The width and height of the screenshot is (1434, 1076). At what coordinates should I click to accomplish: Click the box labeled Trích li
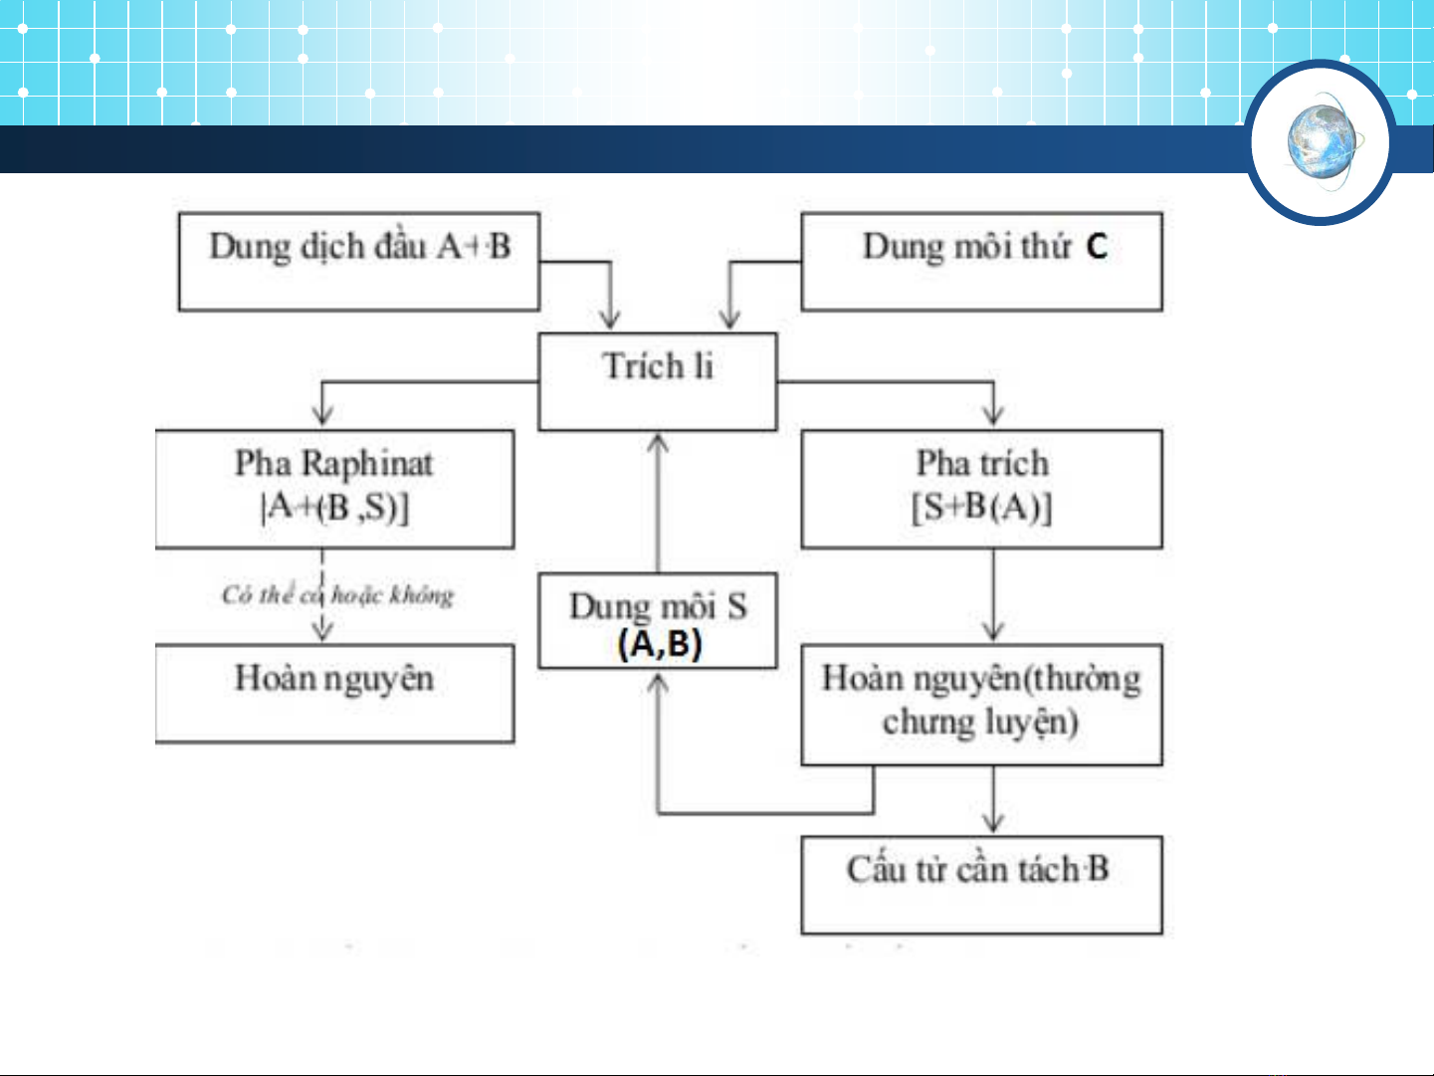coord(657,381)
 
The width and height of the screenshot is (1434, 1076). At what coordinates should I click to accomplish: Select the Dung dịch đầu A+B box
coord(359,261)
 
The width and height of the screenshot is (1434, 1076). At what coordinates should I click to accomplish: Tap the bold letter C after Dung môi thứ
coord(1097,246)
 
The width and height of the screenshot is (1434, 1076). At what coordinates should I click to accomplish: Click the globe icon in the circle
coord(1322,141)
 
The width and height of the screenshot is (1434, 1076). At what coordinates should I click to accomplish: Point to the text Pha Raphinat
coord(333,463)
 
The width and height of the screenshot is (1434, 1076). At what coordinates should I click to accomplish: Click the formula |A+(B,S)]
coord(334,508)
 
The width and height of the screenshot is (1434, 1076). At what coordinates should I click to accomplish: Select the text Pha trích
coord(982,463)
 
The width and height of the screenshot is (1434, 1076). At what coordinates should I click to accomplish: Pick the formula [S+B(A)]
coord(982,508)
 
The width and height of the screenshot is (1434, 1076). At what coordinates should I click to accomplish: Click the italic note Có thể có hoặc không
coord(337,595)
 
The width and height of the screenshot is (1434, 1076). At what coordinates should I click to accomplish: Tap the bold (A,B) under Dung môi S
coord(659,644)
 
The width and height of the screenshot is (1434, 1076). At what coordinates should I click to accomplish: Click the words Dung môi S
coord(657,605)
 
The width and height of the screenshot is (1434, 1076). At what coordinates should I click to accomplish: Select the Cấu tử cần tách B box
coord(981,884)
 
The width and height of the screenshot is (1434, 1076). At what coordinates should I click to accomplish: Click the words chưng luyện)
coord(980,722)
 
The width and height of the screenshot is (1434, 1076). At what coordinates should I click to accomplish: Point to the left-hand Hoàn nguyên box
coord(334,693)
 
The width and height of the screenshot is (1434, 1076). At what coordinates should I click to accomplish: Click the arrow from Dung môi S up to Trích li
coord(657,503)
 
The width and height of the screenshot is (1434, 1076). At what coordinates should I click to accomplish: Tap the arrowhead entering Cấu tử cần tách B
coord(993,823)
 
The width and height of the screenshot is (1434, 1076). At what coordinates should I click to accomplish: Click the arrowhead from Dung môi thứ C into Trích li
coord(729,319)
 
